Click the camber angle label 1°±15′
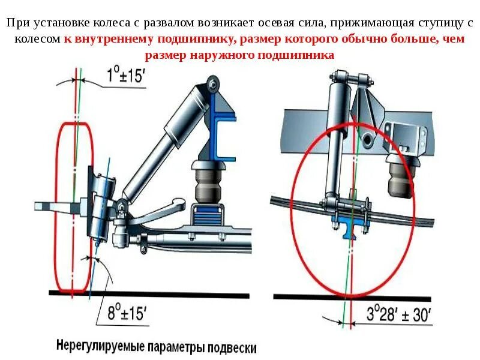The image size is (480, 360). [x=127, y=77]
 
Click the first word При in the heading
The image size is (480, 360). [x=17, y=24]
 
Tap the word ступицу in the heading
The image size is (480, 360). [x=441, y=24]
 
